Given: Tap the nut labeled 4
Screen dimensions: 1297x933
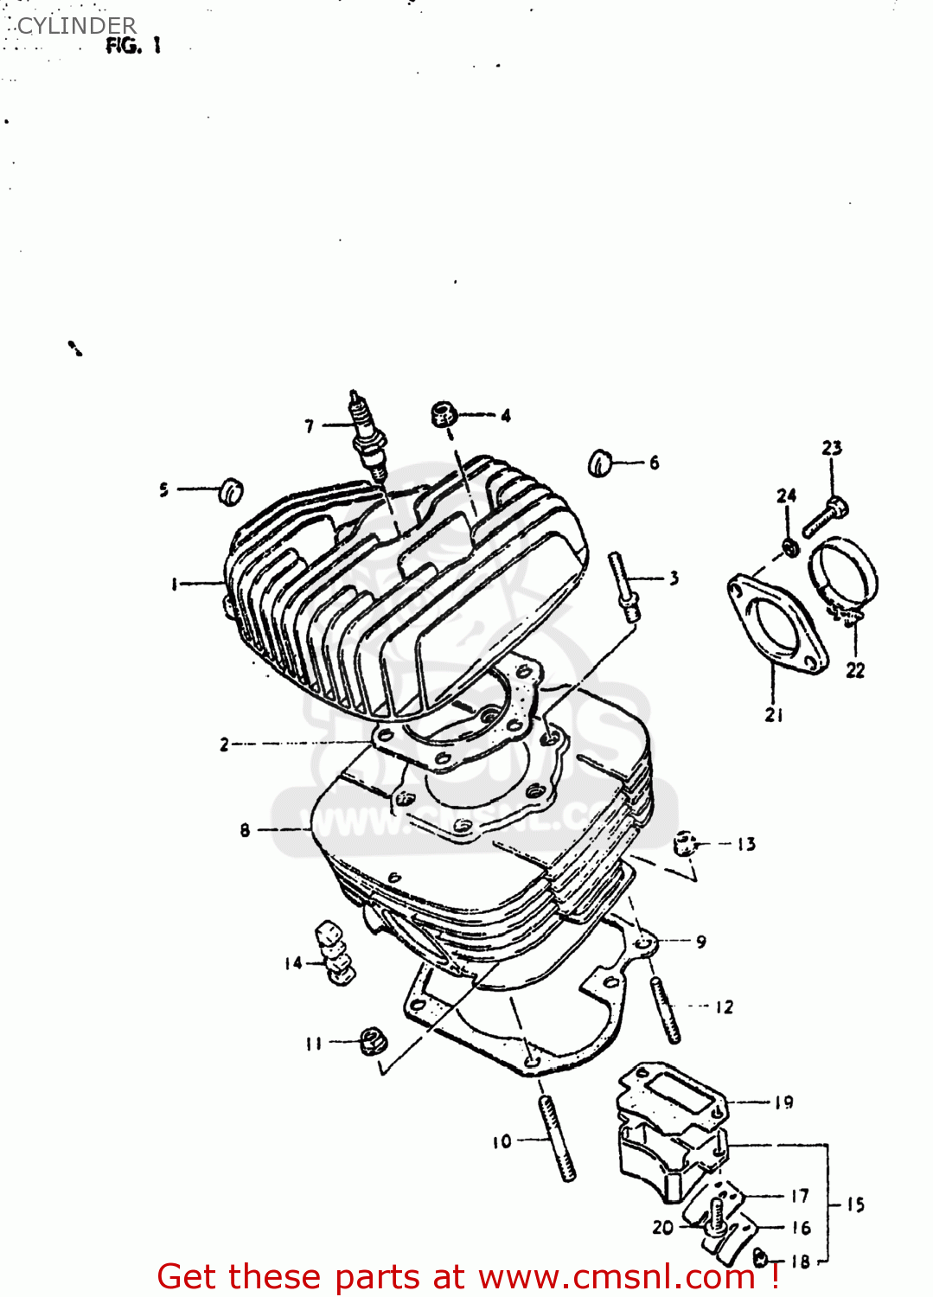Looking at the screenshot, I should (444, 415).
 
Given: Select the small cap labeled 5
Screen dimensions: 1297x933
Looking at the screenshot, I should (231, 490).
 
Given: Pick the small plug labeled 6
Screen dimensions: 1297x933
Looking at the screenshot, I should (600, 464).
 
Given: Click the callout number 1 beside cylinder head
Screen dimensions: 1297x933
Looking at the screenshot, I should (174, 585).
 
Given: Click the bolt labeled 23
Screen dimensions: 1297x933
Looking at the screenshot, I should (826, 516).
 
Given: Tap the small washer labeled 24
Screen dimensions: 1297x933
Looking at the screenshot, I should (789, 546).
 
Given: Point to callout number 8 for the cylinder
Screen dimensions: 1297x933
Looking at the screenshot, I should (245, 830).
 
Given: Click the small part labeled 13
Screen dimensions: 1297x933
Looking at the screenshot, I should (686, 843).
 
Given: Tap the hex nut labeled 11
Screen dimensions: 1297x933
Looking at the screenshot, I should (373, 1040).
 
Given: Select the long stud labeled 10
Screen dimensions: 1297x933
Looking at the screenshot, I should (558, 1137).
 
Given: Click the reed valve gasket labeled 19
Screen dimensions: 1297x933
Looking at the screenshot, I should (670, 1092).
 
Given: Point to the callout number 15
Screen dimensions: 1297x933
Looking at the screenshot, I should (854, 1204).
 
